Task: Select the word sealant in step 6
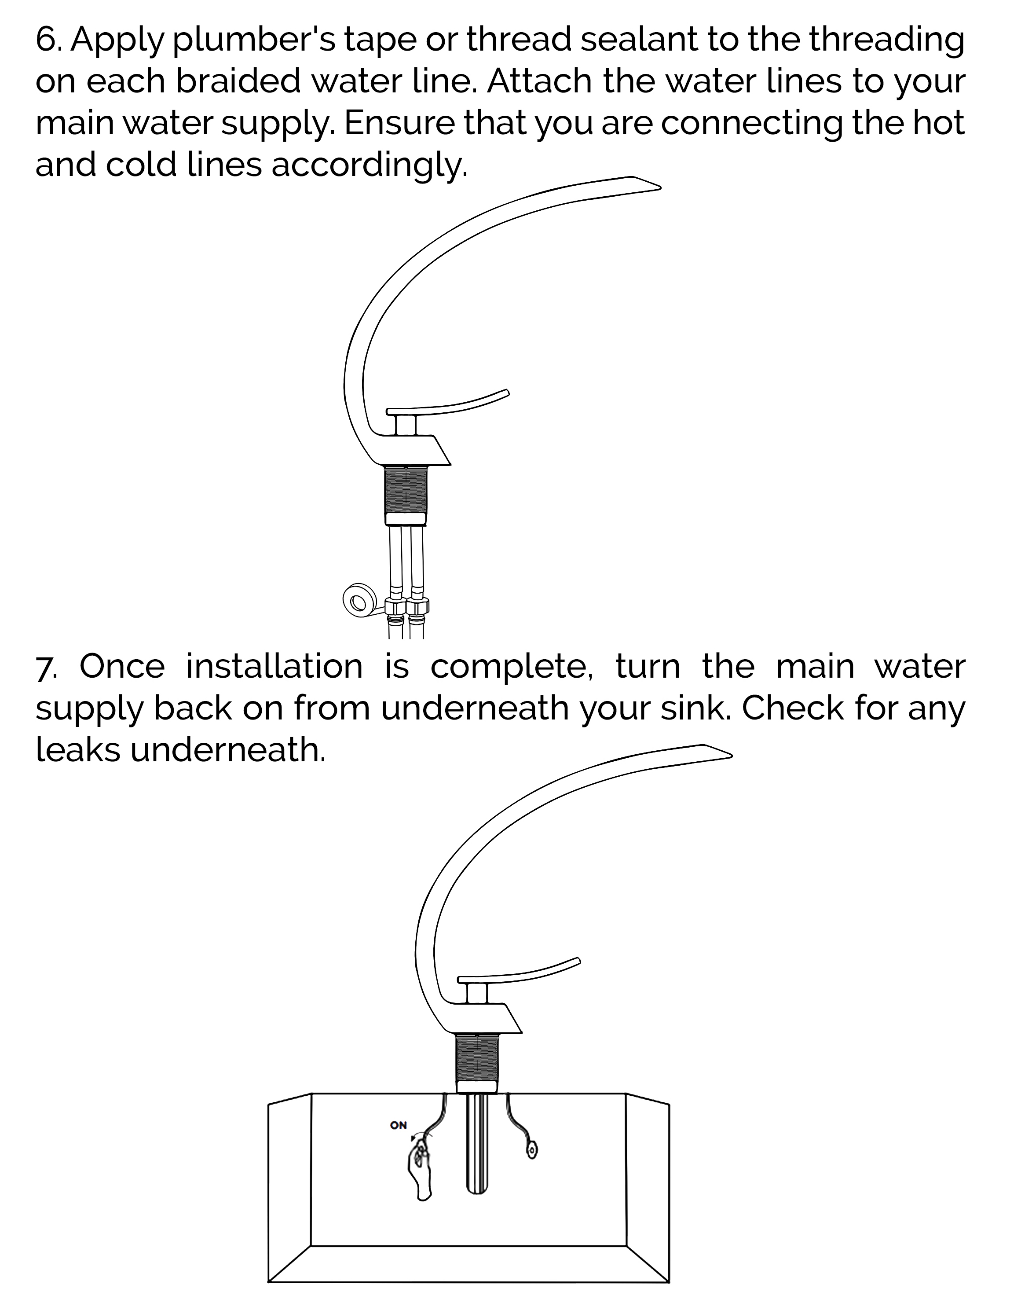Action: pyautogui.click(x=639, y=40)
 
